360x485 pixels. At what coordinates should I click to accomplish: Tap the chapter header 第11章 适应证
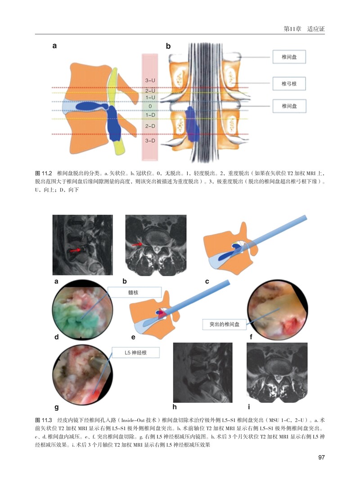click(304, 29)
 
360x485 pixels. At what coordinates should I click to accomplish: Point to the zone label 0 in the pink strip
click(150, 106)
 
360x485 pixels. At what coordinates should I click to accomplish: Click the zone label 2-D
click(150, 126)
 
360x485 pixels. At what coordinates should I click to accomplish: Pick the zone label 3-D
click(150, 141)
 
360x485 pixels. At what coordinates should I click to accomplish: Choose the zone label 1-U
click(150, 97)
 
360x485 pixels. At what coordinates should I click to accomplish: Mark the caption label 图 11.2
click(44, 173)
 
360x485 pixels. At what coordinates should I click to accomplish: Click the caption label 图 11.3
click(44, 419)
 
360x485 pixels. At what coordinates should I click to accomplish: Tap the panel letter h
click(175, 408)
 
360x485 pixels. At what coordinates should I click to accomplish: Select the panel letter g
click(56, 408)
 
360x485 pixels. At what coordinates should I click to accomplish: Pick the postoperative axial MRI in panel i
click(277, 372)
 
